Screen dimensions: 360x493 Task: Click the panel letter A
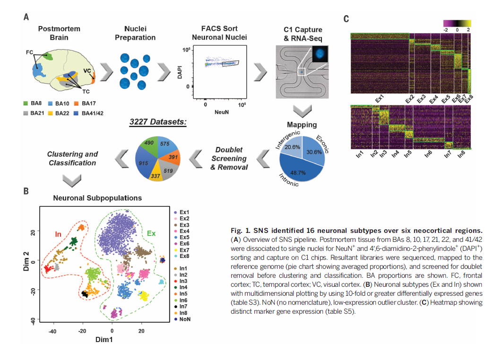26,17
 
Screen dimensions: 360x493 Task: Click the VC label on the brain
87,70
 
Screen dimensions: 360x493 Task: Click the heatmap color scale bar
458,23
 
